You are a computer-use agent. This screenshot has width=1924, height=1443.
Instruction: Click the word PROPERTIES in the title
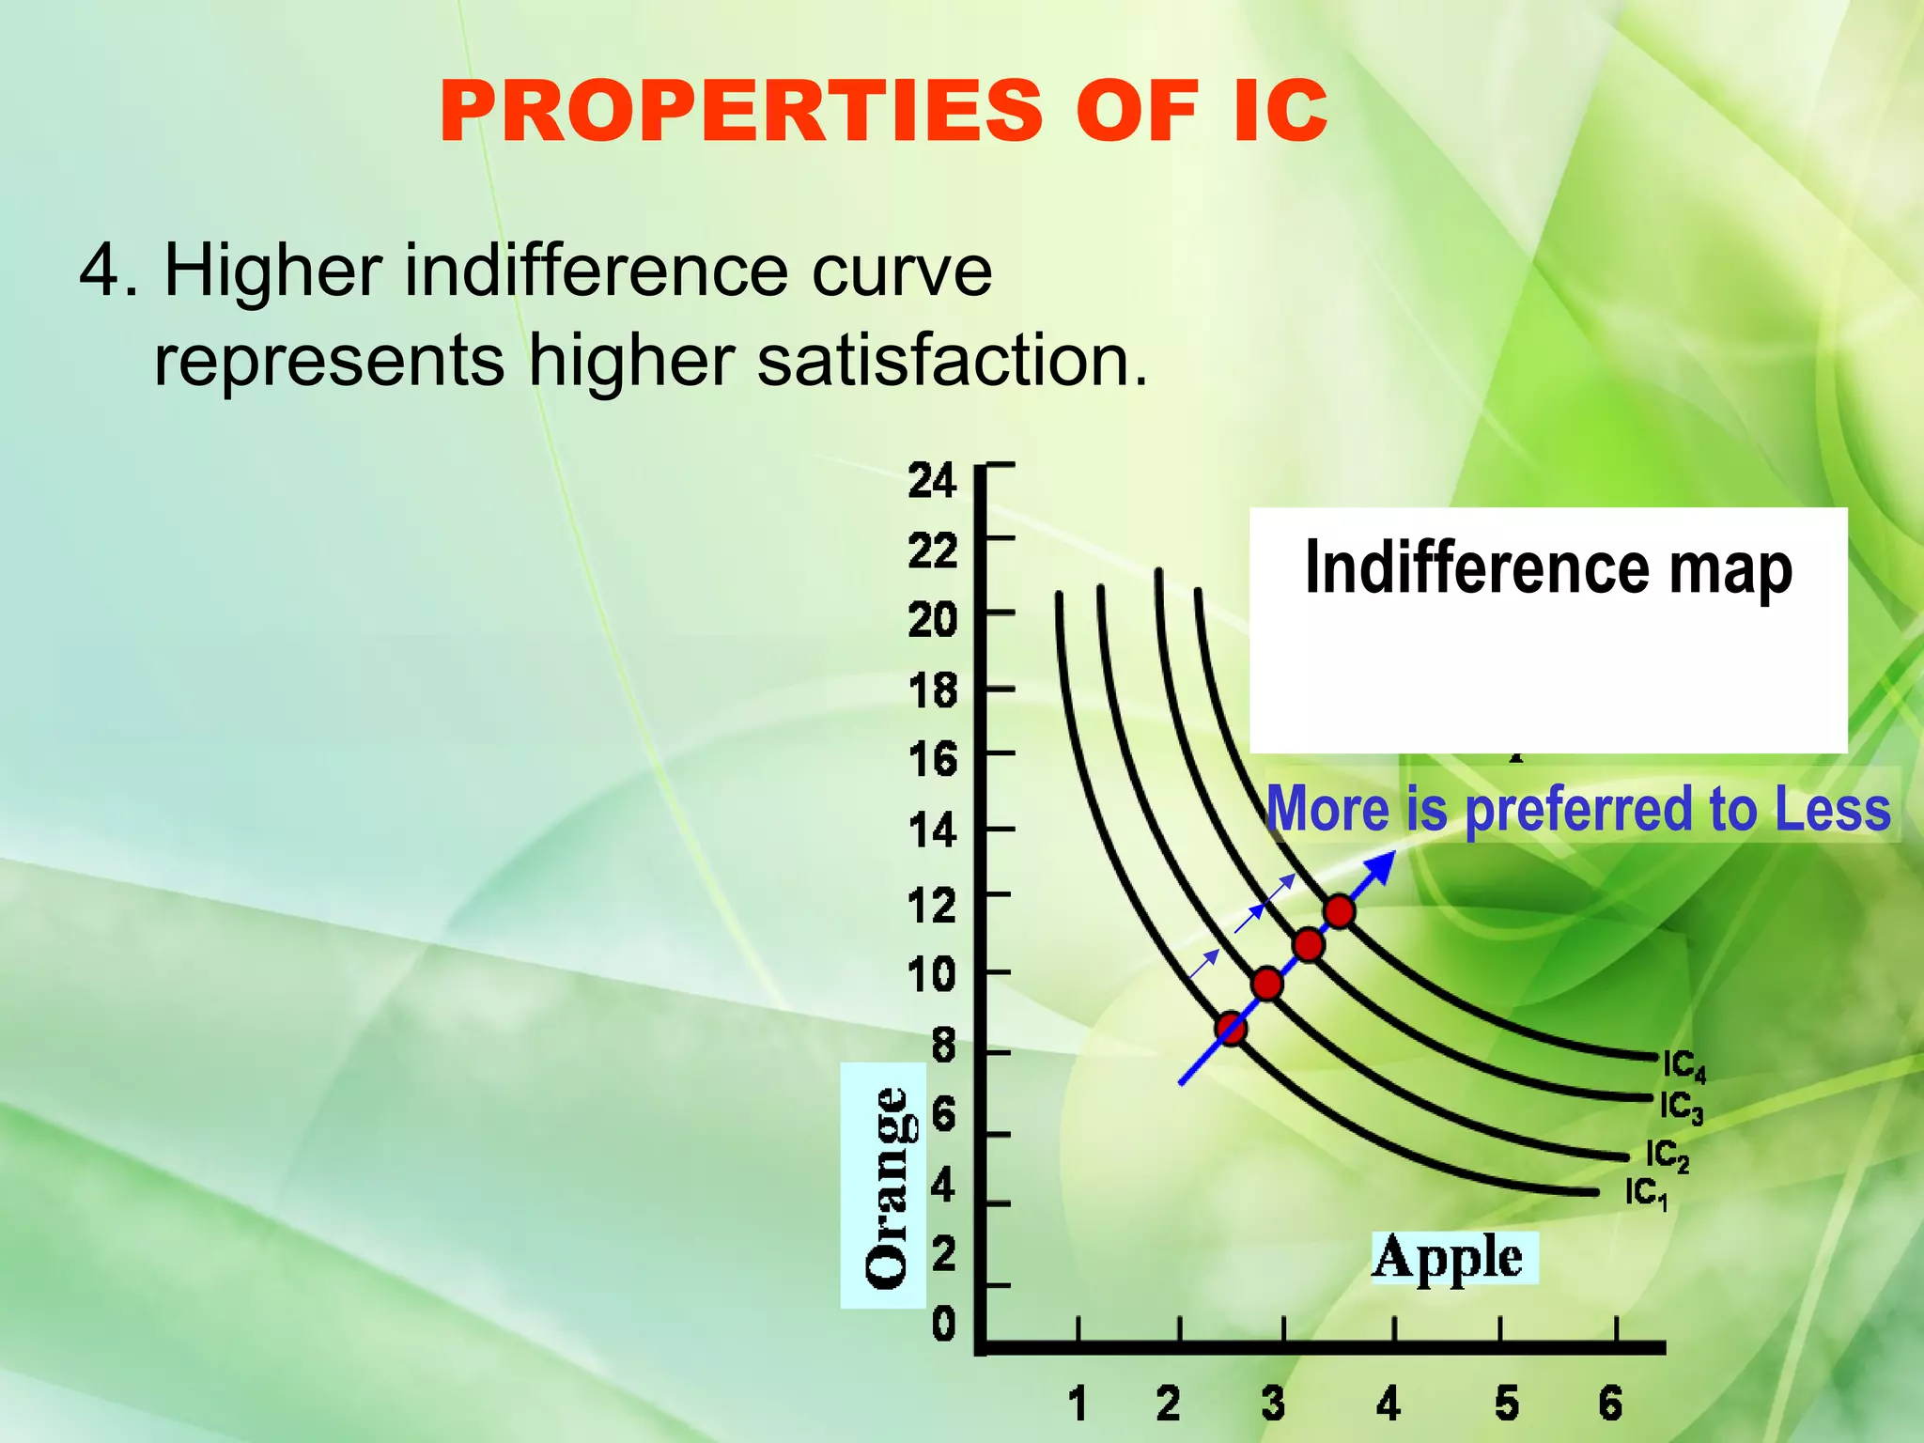[740, 112]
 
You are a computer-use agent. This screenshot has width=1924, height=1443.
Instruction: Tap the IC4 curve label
[1683, 1066]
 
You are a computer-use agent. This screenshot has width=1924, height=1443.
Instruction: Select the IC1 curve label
[1646, 1194]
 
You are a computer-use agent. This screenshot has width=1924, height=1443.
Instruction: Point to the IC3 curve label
[1681, 1108]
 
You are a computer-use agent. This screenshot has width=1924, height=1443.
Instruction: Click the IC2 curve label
[1667, 1156]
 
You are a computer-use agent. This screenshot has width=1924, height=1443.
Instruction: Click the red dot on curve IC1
[1231, 1029]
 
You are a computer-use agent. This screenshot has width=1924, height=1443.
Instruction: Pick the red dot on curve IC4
[1339, 911]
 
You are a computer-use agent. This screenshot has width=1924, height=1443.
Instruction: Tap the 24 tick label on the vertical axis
[932, 481]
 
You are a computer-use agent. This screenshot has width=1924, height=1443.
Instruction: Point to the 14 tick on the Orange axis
[932, 831]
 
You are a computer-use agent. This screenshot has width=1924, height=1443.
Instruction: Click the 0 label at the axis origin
[943, 1325]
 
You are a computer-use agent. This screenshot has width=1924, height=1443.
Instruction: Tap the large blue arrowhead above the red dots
[1380, 868]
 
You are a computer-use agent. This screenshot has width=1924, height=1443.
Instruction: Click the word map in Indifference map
[1730, 569]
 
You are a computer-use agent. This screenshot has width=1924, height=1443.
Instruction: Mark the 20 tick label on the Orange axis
[932, 620]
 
